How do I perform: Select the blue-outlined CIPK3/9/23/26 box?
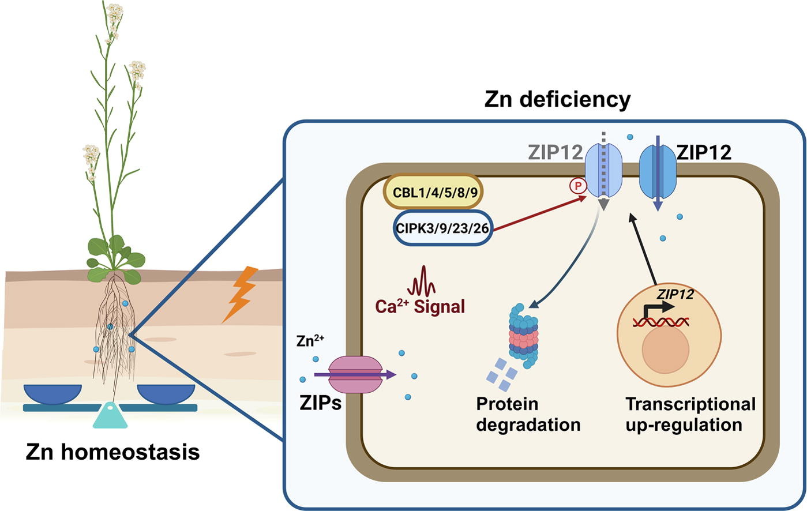[442, 228]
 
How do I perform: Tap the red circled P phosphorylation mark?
[577, 186]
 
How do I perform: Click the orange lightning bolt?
[241, 294]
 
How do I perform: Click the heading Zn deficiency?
[557, 99]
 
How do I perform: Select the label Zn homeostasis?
[113, 452]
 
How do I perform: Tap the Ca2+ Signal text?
[420, 306]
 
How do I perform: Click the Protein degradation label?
[528, 415]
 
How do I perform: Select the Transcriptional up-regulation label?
[690, 415]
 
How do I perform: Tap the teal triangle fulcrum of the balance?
[110, 416]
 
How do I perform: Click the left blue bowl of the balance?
[52, 393]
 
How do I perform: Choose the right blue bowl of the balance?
[166, 393]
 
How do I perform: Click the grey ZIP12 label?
[554, 153]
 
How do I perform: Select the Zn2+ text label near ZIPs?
[310, 341]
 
